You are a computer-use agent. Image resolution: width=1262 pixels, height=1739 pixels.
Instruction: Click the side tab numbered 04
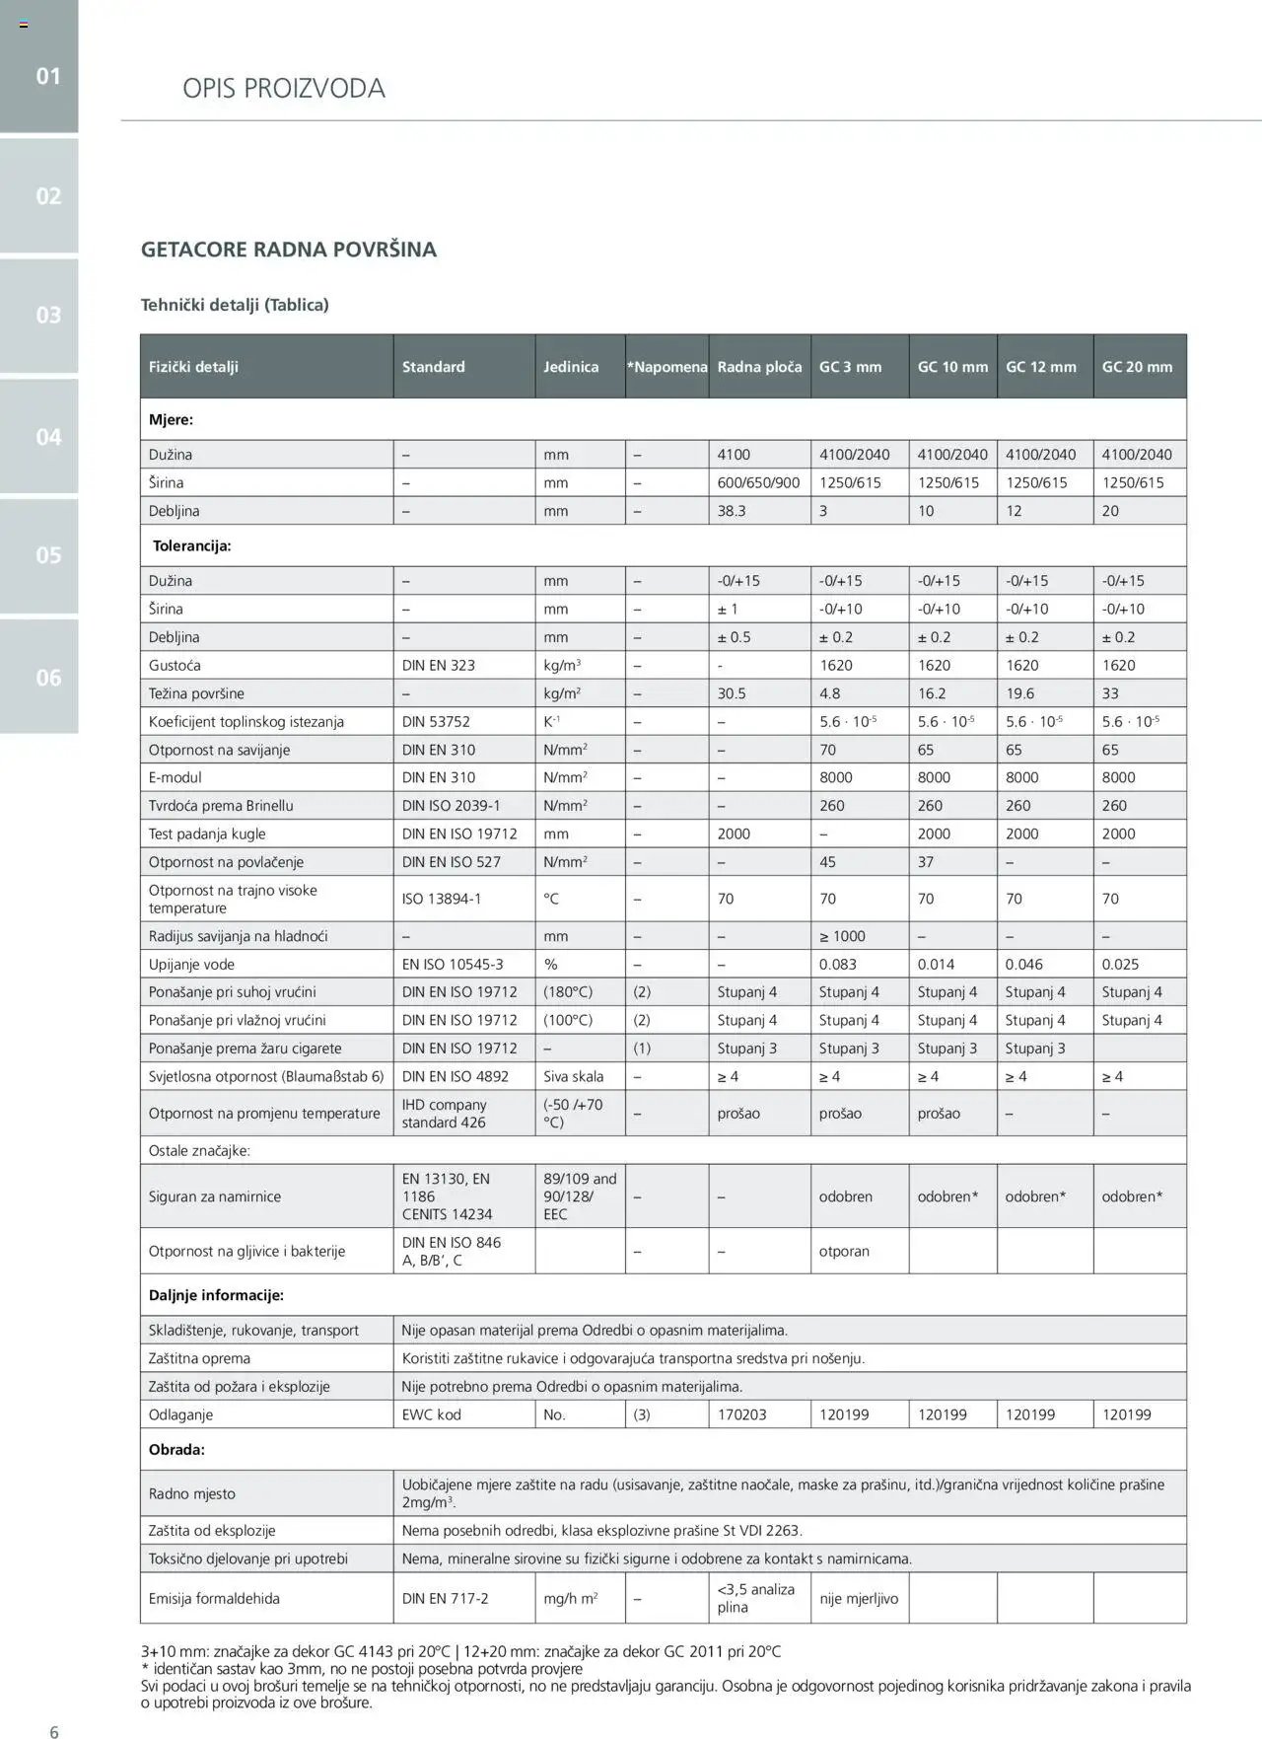tap(48, 436)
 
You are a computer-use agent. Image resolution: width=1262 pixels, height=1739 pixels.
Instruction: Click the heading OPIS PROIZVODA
tap(284, 89)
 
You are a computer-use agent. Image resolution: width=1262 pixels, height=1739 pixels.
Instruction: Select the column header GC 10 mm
tap(951, 367)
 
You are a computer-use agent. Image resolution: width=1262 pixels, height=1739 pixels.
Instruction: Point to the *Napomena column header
tap(667, 367)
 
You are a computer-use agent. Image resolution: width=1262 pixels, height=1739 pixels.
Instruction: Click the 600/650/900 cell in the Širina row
tap(758, 482)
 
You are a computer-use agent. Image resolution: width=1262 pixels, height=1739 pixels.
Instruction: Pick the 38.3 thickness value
tap(732, 511)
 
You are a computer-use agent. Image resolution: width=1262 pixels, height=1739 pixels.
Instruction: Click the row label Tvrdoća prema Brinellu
tap(221, 805)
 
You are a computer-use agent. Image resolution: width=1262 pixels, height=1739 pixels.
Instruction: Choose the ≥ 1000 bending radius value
tap(842, 936)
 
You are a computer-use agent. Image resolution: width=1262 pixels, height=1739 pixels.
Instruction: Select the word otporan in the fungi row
tap(844, 1251)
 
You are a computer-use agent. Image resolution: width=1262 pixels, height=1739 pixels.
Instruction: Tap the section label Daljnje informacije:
tap(216, 1295)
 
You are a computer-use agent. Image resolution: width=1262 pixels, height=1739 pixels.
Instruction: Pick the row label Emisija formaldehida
tap(214, 1598)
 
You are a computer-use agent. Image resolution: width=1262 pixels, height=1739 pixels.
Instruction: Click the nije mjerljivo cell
tap(859, 1598)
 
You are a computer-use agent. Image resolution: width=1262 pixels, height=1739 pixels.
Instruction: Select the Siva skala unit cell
tap(573, 1076)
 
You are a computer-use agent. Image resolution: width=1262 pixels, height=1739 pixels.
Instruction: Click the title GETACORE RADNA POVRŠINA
tap(289, 250)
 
